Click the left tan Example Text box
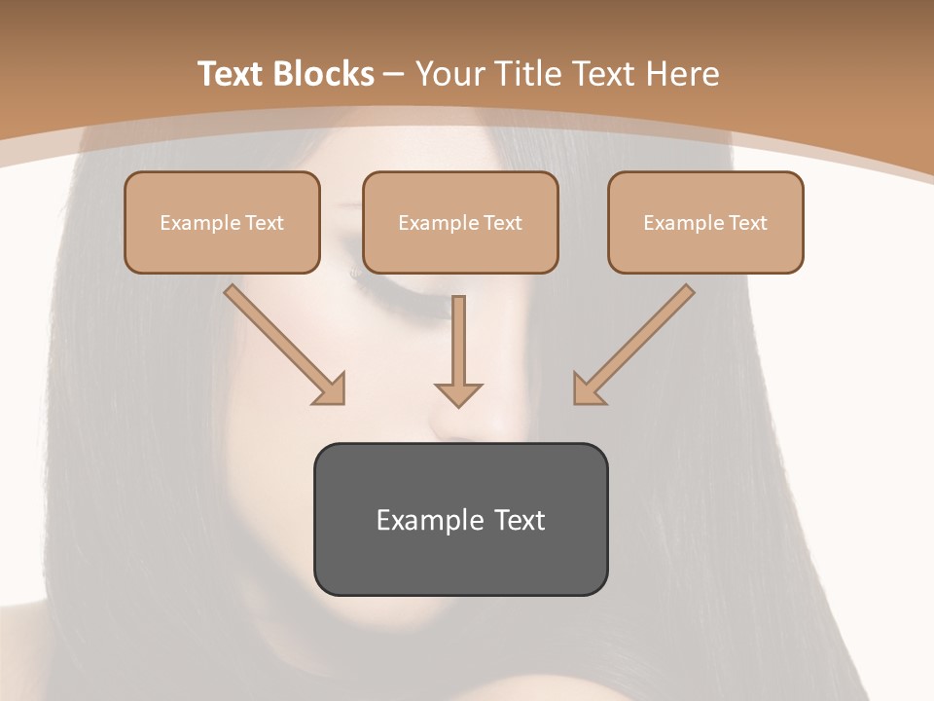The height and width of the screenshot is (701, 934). click(222, 222)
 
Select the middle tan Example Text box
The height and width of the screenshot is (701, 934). click(460, 222)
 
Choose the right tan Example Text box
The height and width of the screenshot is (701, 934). click(705, 222)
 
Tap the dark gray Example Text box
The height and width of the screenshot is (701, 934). click(460, 519)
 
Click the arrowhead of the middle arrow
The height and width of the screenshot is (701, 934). click(458, 394)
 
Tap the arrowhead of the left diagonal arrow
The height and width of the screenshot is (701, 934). click(331, 389)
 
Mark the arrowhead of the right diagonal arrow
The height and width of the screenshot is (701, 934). click(587, 389)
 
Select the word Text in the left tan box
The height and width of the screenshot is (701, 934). click(264, 223)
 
